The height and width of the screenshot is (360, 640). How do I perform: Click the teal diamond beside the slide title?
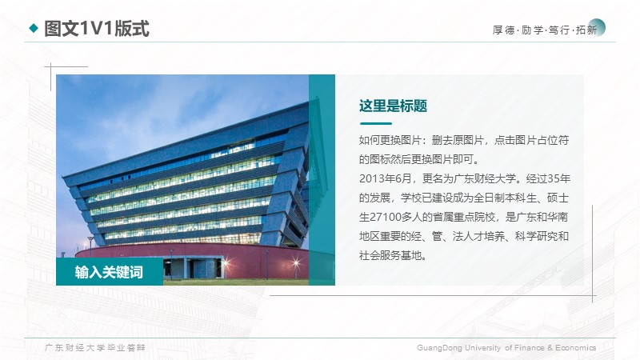tap(34, 28)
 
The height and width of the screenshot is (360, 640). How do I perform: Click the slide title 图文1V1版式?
tap(96, 29)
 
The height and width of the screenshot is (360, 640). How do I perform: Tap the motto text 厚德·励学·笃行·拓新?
tap(545, 30)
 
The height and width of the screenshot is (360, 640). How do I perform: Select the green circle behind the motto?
tap(597, 27)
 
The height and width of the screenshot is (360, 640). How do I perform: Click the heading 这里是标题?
tap(393, 106)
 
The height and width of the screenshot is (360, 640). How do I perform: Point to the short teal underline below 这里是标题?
tap(375, 123)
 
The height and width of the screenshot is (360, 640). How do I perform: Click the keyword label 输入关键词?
tap(109, 272)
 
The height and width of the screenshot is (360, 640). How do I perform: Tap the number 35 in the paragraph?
tap(554, 178)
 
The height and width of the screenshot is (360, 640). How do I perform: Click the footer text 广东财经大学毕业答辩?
tap(94, 348)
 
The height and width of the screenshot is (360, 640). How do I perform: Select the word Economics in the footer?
tap(575, 348)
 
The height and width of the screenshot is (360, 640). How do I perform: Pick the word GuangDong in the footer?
tap(439, 348)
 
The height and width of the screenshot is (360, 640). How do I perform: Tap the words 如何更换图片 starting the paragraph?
tap(390, 141)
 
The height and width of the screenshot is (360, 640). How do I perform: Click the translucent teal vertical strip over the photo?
tap(322, 179)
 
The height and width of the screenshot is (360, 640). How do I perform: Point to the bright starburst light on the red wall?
tap(296, 262)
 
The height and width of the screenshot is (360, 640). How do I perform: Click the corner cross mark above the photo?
tap(50, 66)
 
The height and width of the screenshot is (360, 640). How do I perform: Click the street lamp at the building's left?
tap(90, 246)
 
